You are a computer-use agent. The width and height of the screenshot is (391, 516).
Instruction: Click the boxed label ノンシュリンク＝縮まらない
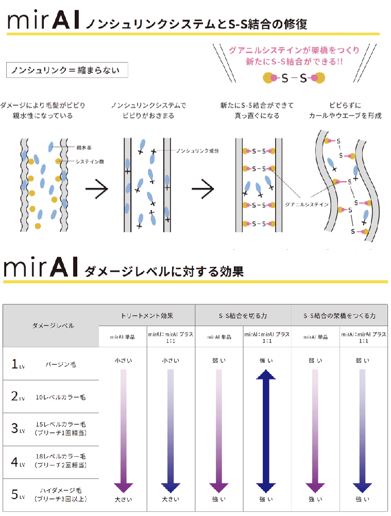pyautogui.click(x=66, y=70)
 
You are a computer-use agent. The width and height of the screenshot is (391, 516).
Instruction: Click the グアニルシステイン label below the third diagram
pyautogui.click(x=307, y=204)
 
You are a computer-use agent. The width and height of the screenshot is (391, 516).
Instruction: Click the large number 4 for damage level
pyautogui.click(x=15, y=461)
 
